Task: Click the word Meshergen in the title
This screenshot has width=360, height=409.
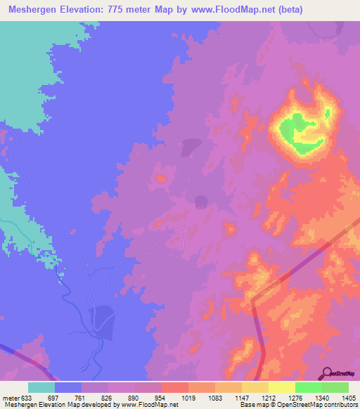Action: pos(32,10)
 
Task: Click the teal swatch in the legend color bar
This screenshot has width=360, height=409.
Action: pos(41,387)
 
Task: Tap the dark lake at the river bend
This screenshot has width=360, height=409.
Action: pos(101,319)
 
